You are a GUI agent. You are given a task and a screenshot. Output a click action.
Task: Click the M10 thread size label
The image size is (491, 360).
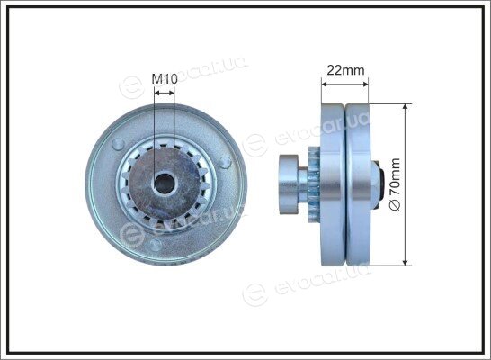tap(165, 79)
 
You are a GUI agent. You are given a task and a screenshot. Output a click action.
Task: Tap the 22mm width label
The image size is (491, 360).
tap(345, 70)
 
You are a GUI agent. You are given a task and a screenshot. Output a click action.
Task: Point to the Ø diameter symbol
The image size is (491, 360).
tap(395, 205)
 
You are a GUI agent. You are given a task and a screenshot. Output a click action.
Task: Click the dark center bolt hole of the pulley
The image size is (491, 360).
tap(165, 184)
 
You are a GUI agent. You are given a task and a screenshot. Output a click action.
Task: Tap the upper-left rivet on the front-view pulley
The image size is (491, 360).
tap(118, 143)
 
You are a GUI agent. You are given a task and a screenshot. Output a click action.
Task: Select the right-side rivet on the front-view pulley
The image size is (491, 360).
tap(225, 162)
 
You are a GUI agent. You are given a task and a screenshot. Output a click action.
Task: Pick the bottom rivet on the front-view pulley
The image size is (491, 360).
tap(155, 246)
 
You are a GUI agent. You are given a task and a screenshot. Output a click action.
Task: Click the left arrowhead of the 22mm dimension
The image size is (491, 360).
tap(325, 84)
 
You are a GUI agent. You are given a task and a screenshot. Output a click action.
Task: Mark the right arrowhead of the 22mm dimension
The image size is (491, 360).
tap(365, 84)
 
